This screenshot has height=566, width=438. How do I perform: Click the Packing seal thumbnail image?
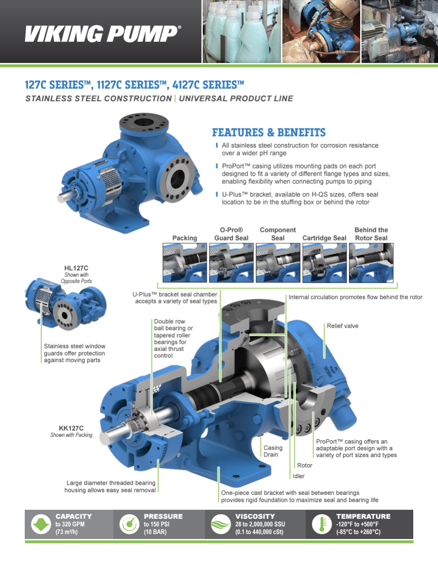click(185, 263)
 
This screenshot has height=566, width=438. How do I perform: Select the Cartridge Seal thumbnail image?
click(325, 263)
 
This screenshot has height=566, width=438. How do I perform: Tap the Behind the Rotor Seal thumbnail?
click(371, 263)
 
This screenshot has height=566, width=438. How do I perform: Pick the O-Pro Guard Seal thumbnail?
click(231, 263)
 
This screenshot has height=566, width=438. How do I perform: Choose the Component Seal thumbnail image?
click(278, 263)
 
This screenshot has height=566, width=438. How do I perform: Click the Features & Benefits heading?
click(269, 132)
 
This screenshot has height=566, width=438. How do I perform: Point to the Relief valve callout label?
click(343, 326)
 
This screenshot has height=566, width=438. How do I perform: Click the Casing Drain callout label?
click(273, 451)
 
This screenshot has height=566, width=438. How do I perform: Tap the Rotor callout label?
click(305, 465)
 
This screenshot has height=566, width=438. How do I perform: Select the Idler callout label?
click(298, 476)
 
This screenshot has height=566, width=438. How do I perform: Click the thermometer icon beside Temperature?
click(321, 524)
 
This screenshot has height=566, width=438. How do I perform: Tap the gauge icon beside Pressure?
click(129, 524)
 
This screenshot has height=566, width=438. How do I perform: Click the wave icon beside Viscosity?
click(221, 524)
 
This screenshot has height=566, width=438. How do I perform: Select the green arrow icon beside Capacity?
click(41, 524)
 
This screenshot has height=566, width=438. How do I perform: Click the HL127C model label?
click(76, 268)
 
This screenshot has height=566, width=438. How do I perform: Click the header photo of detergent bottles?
click(242, 31)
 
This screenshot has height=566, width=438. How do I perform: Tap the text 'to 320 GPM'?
click(70, 524)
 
